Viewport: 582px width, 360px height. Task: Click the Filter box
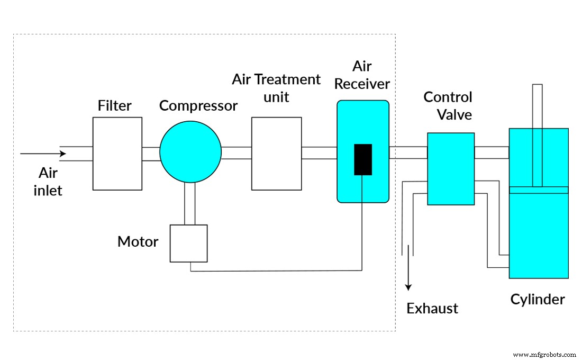point(117,154)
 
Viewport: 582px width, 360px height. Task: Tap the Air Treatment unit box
point(276,154)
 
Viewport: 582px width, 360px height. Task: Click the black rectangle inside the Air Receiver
point(363,159)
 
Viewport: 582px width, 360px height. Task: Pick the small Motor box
point(188,243)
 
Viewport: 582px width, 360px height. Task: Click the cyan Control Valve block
point(451,168)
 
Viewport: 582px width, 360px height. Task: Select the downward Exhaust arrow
point(408,270)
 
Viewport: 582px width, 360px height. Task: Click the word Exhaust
point(432,308)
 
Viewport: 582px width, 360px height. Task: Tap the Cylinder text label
point(538,300)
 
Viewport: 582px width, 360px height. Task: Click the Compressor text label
point(198,106)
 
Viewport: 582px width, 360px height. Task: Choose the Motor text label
point(138,242)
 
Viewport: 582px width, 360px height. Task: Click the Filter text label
point(114,106)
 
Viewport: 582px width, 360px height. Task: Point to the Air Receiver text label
point(362,75)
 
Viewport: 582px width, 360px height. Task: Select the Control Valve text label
point(448,105)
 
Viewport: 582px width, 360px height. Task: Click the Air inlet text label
point(48,181)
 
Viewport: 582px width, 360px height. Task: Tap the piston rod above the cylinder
point(538,106)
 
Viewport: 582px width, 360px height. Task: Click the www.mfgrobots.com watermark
point(544,354)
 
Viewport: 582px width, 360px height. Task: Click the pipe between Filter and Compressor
point(151,152)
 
